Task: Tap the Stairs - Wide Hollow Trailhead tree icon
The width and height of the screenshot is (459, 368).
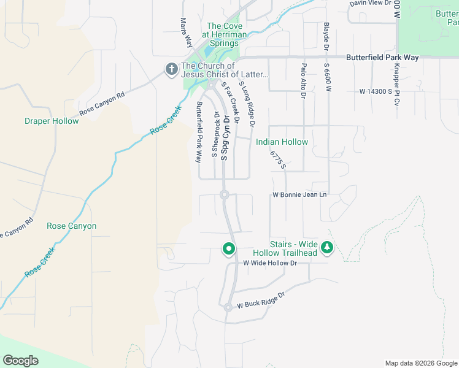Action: coord(328,248)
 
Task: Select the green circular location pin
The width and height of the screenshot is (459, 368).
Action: coord(229,248)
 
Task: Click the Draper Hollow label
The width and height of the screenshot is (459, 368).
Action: coord(52,121)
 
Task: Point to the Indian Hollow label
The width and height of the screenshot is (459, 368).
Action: coord(282,142)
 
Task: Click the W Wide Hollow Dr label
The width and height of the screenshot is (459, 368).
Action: coord(270,263)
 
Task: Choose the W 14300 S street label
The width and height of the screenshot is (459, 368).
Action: coord(376,91)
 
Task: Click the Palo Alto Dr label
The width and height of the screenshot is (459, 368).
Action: coord(303,80)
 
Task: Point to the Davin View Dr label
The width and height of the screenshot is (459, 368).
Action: coord(370,3)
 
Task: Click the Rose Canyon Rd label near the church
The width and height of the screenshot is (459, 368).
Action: coord(102,104)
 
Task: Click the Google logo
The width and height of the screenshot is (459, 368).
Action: coord(20,360)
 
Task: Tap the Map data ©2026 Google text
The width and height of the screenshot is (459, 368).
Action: coord(420,363)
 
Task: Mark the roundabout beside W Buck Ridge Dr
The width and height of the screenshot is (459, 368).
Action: coord(228,307)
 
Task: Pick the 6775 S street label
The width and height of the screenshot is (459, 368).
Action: coord(277,158)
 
